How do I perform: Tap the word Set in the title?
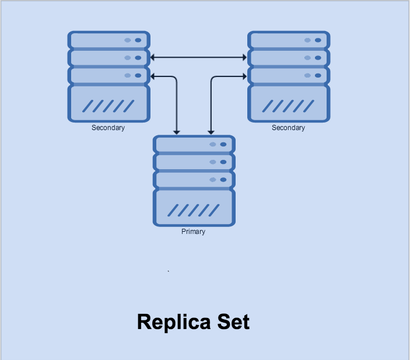233,322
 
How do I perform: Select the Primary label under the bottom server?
193,232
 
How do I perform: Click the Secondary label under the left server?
108,128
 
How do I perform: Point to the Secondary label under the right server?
288,128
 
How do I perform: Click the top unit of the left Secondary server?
108,40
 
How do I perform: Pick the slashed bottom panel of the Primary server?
194,208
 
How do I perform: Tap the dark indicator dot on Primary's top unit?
223,144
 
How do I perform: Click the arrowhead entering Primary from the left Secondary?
176,132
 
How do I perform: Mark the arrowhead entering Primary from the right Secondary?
211,132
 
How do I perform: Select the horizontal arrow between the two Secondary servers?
198,57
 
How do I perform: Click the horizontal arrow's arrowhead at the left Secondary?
153,57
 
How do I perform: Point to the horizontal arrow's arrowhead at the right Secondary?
245,57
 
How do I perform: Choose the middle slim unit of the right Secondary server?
288,58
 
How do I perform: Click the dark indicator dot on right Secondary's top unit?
317,40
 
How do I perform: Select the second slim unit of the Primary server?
194,162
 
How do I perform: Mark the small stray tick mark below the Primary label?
169,271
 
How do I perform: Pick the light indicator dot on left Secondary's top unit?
127,40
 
